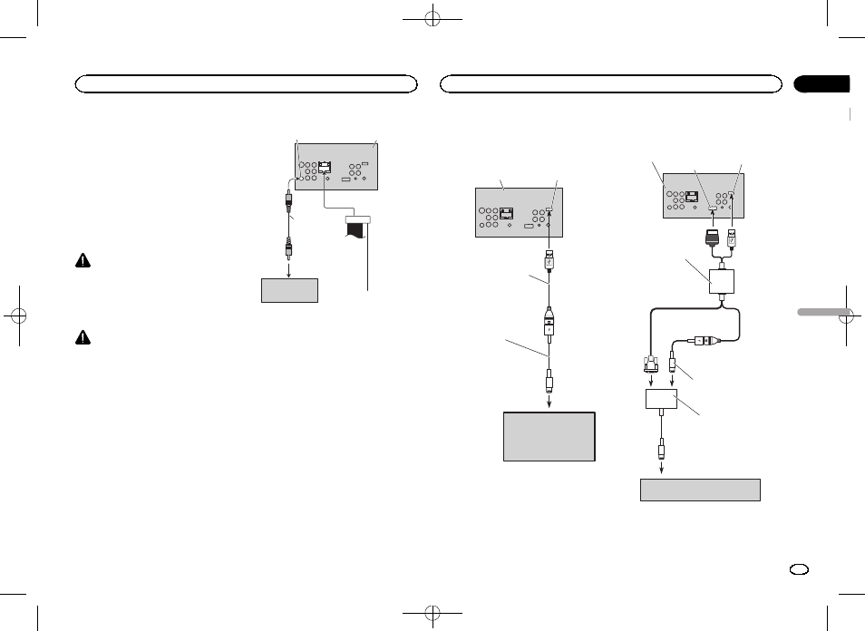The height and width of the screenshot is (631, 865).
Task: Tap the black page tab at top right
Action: point(822,84)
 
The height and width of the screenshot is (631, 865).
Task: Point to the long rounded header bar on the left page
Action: point(245,84)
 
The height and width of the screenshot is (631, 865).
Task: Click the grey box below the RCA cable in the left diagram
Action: point(289,290)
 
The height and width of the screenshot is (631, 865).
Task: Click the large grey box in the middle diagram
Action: point(549,437)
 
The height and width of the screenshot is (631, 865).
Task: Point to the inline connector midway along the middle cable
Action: point(550,323)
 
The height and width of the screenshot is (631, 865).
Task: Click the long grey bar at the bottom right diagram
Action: point(699,490)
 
